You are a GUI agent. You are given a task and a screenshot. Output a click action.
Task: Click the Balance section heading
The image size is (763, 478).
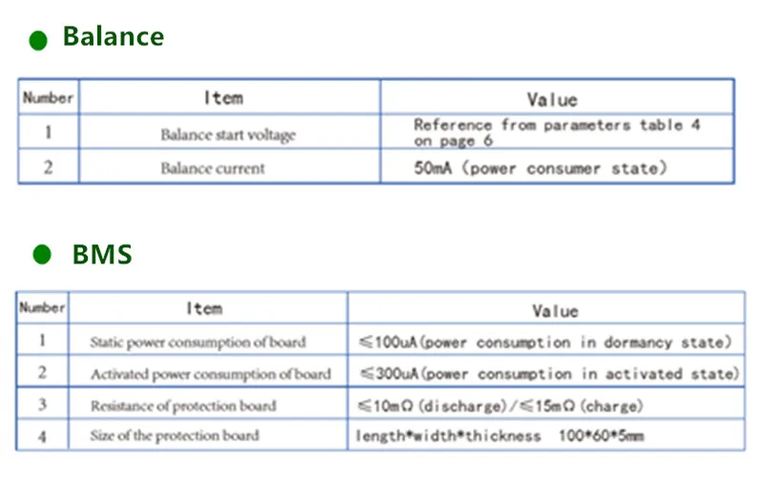(x=113, y=37)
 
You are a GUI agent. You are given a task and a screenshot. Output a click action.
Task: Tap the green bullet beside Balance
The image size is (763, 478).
(x=38, y=40)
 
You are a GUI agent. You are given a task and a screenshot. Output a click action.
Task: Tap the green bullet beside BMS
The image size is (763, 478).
(x=41, y=255)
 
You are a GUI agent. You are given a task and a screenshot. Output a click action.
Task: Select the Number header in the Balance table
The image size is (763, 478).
(x=48, y=97)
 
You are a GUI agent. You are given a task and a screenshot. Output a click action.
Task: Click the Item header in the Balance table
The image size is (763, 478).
(x=223, y=97)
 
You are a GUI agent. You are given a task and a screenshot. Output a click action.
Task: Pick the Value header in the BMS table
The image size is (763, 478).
(x=554, y=310)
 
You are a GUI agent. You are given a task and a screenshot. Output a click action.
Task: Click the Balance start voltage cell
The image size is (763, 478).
(x=228, y=135)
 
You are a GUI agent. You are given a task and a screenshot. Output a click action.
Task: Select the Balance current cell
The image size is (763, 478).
(x=213, y=168)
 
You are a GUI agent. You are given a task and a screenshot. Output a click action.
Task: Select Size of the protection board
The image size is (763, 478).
(x=174, y=436)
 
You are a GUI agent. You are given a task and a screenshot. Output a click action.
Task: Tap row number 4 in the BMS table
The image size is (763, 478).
(x=42, y=436)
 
